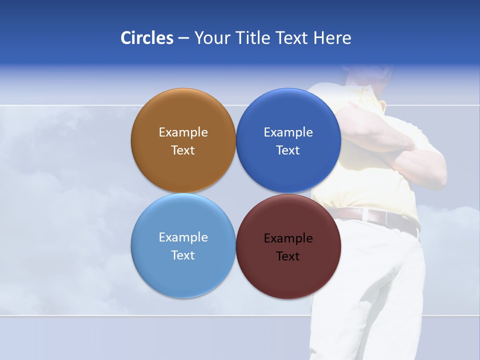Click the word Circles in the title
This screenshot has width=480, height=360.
147,38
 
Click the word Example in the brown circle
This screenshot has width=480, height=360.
183,132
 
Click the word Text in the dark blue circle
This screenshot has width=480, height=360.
288,150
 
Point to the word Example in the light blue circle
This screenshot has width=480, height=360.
183,237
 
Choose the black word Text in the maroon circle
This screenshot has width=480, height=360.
288,256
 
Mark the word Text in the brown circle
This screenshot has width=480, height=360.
183,150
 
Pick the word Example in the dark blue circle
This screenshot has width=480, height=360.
288,132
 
